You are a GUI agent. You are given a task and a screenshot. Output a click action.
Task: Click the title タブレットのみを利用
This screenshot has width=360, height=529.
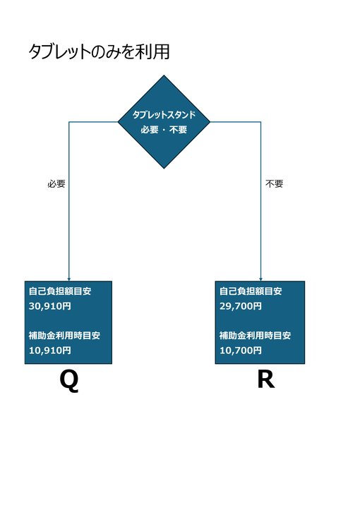tap(99, 52)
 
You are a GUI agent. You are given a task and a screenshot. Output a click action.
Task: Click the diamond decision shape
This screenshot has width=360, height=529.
tap(164, 122)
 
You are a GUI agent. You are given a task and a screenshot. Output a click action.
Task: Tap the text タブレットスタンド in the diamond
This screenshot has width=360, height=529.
tap(164, 115)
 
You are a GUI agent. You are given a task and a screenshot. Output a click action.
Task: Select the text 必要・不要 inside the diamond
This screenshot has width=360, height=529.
tap(164, 130)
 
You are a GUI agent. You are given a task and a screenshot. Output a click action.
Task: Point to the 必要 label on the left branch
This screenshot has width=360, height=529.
tap(56, 184)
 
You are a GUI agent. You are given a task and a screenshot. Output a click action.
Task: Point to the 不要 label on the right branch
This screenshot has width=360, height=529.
tap(274, 184)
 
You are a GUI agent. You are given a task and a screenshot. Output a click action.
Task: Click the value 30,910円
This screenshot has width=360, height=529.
tap(50, 306)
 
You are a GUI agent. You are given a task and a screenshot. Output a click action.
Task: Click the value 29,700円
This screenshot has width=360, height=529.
tap(241, 306)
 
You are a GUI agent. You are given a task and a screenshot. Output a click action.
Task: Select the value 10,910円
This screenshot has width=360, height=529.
tap(50, 350)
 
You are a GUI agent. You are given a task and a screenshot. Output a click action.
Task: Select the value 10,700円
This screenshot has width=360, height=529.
tap(241, 350)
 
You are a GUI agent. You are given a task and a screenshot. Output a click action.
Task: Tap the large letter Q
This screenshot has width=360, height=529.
tap(69, 380)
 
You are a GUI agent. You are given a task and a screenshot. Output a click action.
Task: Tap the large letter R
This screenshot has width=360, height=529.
tap(266, 379)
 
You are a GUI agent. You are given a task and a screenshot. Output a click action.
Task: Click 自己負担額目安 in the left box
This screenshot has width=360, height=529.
tap(60, 291)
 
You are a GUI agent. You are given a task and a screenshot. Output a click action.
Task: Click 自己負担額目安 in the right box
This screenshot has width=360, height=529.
tap(251, 291)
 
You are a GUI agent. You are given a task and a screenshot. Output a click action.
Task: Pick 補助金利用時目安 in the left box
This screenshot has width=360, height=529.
tap(64, 335)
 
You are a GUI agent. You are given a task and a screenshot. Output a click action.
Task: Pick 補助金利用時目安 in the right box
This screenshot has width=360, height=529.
tap(255, 335)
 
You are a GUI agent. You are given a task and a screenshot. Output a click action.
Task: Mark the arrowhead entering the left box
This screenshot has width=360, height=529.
tap(69, 279)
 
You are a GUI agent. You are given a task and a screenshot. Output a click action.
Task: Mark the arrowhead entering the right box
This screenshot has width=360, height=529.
tap(260, 279)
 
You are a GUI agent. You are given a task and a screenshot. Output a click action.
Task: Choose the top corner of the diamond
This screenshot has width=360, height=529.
tap(164, 75)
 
